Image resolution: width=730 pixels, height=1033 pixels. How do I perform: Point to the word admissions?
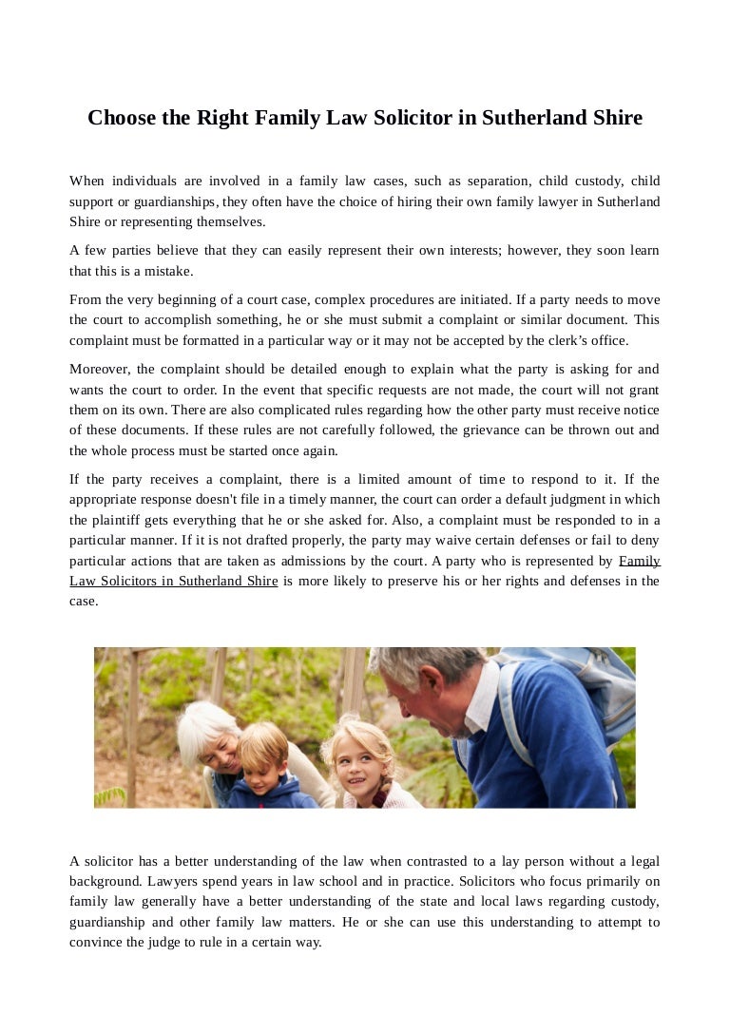(400, 562)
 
